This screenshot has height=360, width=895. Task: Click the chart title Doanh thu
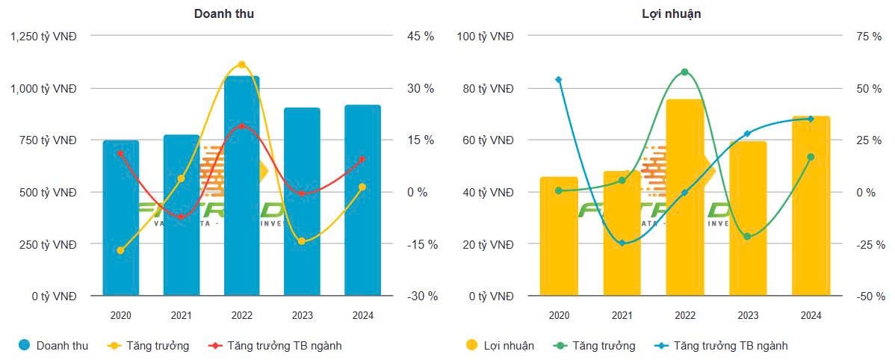click(223, 13)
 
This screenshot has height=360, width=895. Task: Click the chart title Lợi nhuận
click(660, 13)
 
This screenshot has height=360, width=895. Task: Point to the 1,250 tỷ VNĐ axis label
click(44, 36)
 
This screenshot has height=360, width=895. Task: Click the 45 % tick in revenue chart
click(421, 36)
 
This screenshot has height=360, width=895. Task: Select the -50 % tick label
click(870, 296)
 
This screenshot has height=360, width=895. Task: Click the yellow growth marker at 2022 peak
click(241, 64)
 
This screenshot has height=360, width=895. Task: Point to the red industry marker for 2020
click(120, 153)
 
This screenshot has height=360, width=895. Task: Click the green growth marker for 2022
click(684, 72)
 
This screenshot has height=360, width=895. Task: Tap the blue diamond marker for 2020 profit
click(559, 79)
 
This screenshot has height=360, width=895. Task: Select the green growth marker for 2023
click(747, 237)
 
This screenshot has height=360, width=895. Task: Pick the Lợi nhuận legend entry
click(500, 345)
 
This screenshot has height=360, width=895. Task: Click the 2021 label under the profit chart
click(622, 315)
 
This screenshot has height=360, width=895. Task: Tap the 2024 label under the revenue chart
click(362, 315)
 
